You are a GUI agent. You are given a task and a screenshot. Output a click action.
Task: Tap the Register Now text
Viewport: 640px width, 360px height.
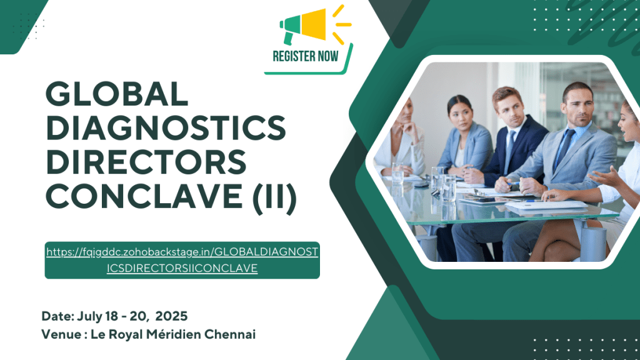[x=306, y=56]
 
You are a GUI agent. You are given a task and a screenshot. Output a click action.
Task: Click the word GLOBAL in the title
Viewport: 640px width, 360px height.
[x=117, y=95]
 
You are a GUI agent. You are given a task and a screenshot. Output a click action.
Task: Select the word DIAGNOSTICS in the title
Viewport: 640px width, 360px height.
[x=166, y=129]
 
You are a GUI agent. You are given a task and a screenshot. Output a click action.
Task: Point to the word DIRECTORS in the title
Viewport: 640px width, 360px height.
[x=146, y=163]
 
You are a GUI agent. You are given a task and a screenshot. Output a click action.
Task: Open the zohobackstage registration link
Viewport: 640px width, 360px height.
[x=182, y=260]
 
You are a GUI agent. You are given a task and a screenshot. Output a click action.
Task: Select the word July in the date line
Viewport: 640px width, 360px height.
[x=87, y=316]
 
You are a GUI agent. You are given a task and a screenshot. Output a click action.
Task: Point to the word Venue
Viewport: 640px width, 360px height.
[x=60, y=334]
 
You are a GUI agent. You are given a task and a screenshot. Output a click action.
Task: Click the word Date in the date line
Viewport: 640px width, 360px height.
[x=56, y=316]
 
